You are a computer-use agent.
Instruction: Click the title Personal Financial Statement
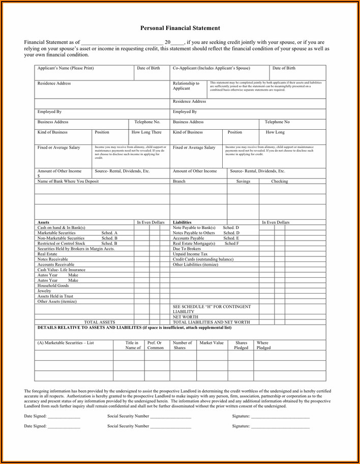click(x=180, y=28)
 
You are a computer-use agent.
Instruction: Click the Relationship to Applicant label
click(x=186, y=85)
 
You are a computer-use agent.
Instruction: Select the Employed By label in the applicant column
click(x=49, y=111)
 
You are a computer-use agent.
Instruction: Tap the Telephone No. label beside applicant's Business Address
click(x=147, y=122)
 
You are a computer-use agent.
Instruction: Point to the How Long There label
click(x=146, y=132)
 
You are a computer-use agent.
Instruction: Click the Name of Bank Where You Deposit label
click(x=68, y=181)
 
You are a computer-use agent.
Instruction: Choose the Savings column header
click(x=243, y=181)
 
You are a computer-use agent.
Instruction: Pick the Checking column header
click(x=279, y=181)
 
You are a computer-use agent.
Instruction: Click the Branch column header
click(x=179, y=181)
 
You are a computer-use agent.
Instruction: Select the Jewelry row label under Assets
click(x=44, y=291)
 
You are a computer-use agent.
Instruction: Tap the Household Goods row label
click(x=53, y=285)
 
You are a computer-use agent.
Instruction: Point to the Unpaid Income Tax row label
click(x=190, y=254)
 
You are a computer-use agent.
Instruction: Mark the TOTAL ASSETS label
click(x=100, y=322)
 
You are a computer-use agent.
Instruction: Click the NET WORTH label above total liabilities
click(x=186, y=316)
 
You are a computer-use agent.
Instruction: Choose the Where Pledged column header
click(x=263, y=345)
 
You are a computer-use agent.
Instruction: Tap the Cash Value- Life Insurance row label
click(x=62, y=270)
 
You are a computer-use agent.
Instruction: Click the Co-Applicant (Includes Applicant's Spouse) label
click(x=212, y=68)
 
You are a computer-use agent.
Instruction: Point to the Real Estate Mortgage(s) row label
click(x=194, y=243)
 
